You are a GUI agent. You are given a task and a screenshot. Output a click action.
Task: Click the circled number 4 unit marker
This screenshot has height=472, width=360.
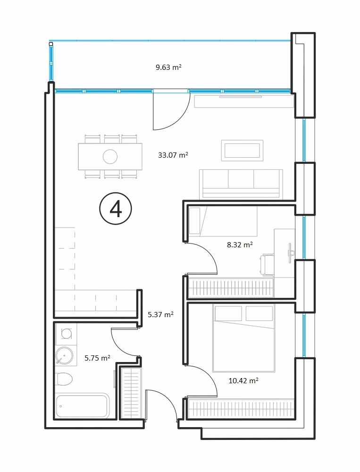point(116,209)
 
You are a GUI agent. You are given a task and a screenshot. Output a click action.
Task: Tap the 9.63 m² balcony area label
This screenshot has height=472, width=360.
point(168,67)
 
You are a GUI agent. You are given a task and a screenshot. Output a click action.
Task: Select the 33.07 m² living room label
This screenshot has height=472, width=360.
point(173,155)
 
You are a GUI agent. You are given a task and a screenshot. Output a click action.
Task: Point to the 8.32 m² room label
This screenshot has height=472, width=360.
point(240,244)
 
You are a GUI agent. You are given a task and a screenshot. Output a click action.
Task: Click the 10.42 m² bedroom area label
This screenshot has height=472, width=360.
point(243,380)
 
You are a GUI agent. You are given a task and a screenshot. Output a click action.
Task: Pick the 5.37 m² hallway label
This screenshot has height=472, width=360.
point(160,314)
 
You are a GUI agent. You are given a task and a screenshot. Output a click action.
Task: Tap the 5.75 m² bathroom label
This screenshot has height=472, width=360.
point(97,358)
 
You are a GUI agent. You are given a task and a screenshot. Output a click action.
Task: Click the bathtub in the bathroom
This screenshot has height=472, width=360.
point(83,405)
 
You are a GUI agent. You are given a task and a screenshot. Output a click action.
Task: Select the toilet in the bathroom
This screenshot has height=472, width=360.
point(64,379)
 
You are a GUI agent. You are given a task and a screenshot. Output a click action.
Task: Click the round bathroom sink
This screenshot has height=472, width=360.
point(64,355)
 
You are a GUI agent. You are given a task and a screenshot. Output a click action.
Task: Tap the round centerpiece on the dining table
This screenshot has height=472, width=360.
point(110,157)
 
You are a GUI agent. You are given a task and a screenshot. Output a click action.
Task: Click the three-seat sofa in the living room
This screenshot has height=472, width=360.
point(241,184)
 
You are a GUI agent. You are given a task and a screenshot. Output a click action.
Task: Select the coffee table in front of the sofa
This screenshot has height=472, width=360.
point(242,151)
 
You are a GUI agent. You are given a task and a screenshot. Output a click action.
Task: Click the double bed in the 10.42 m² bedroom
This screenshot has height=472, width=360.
point(243,338)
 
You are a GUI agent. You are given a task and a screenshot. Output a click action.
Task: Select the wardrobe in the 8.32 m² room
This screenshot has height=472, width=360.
point(231,288)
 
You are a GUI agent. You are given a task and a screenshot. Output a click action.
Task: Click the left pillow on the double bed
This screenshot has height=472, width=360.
point(228,313)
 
